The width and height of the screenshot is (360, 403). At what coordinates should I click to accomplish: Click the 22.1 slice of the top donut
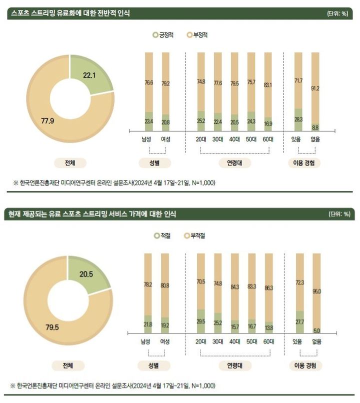pos(90,75)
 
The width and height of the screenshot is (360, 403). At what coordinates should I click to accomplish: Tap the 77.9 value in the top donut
pos(48,120)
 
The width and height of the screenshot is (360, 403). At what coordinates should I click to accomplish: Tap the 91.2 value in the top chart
pos(315,89)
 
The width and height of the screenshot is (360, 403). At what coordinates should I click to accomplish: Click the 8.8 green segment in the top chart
pos(315,127)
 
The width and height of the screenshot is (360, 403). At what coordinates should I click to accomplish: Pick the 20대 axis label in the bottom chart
pos(201,341)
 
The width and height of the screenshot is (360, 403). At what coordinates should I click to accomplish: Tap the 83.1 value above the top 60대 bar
pos(268,85)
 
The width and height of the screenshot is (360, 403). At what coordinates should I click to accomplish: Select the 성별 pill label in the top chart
pos(154,163)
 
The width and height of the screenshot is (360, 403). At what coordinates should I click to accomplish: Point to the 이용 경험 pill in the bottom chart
pos(305,365)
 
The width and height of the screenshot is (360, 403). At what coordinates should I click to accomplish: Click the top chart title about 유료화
pos(70,13)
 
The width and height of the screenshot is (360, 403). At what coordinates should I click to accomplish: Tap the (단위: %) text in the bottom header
pos(338,214)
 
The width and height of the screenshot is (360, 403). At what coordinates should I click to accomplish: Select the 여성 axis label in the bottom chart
pos(165,341)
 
